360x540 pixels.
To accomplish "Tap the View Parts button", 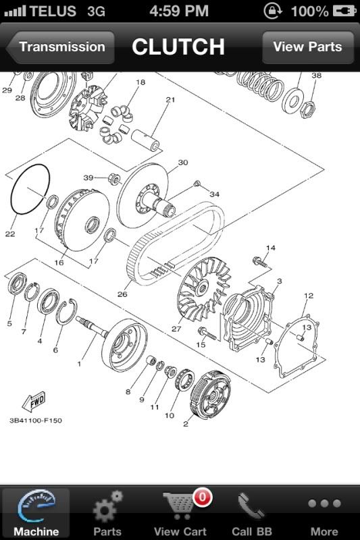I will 307,47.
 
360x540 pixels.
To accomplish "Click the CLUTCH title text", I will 178,47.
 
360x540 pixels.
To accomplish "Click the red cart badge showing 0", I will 201,498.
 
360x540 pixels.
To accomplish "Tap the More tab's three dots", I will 324,504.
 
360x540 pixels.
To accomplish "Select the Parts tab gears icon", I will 107,506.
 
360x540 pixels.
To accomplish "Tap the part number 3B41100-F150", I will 36,421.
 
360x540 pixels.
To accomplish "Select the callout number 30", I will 182,163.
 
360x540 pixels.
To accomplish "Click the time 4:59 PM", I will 179,11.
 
